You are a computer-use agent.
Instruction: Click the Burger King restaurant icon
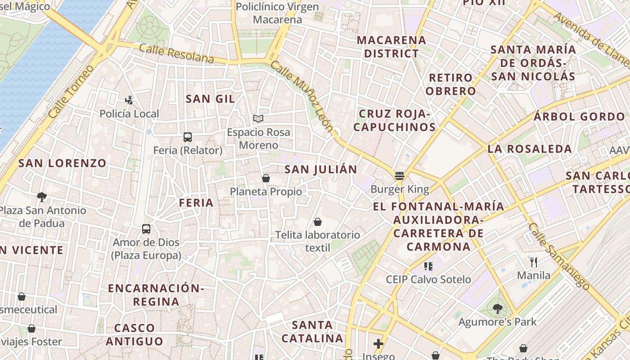[399, 175]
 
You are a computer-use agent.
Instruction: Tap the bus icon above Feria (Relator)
[188, 137]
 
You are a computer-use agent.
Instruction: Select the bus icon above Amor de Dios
[146, 229]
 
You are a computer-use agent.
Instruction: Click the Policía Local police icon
[129, 100]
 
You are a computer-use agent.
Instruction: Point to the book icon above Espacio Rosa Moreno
[258, 119]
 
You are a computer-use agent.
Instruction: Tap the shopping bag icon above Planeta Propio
[266, 178]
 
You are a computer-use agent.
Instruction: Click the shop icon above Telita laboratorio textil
[318, 222]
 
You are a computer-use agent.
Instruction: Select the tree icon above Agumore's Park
[497, 309]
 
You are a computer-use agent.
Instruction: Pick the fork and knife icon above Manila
[534, 262]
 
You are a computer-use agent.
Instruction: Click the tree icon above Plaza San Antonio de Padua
[42, 197]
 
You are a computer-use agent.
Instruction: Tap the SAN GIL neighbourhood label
[210, 99]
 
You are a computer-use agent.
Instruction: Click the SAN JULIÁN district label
[321, 170]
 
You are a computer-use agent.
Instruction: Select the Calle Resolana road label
[176, 54]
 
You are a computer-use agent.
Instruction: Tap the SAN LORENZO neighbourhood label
[62, 163]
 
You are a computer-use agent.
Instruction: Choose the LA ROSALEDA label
[530, 149]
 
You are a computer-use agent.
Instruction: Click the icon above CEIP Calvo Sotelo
[428, 266]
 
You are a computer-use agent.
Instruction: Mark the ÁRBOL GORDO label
[579, 117]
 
